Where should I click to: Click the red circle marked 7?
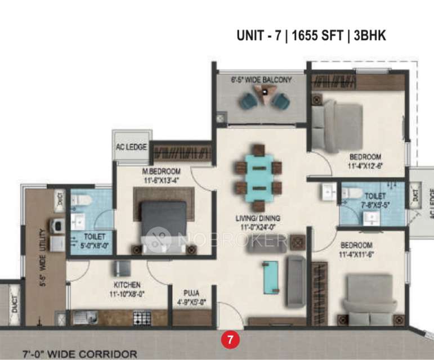(229, 340)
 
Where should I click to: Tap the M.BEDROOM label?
(162, 171)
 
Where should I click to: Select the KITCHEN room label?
(127, 285)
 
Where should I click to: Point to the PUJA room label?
(191, 292)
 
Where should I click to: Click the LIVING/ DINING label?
(258, 218)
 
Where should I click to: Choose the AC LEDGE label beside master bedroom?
(131, 147)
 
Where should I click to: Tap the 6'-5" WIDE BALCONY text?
(262, 80)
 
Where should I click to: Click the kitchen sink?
(80, 318)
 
